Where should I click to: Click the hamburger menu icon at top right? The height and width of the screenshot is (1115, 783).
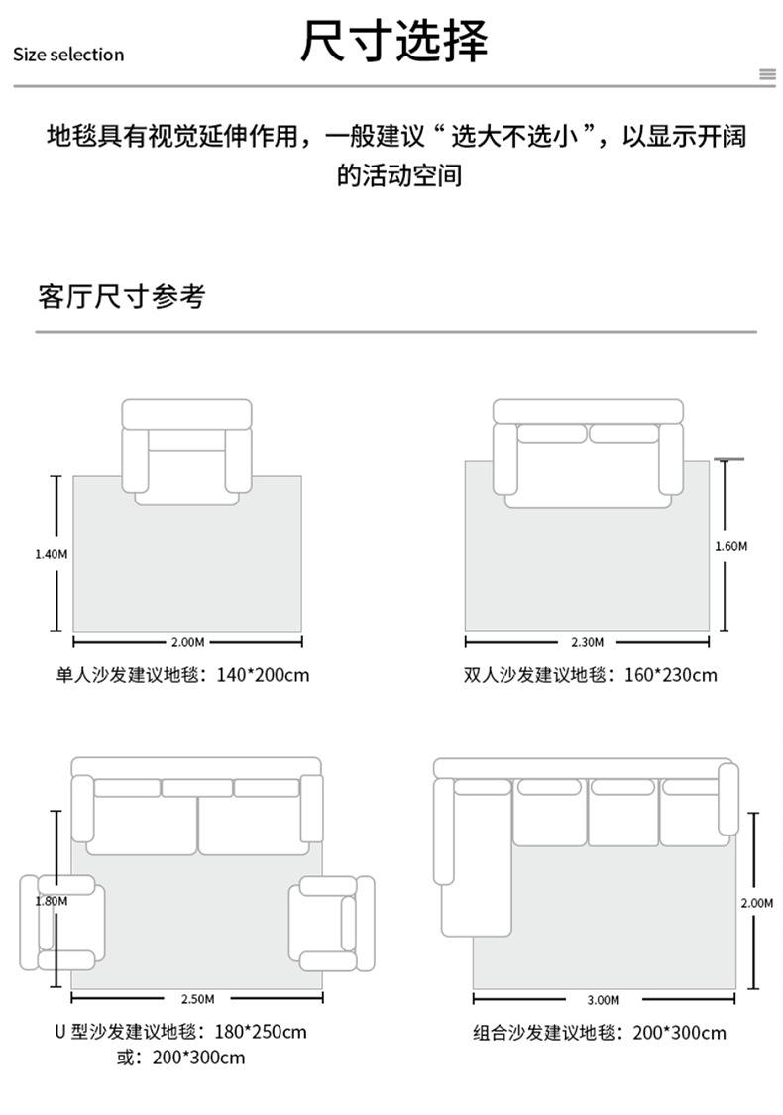pyautogui.click(x=767, y=74)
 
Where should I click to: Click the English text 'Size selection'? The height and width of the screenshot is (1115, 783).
pyautogui.click(x=68, y=55)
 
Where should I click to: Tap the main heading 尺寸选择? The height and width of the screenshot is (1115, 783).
pyautogui.click(x=393, y=40)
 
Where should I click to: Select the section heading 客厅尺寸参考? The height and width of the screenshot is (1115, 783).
pyautogui.click(x=122, y=296)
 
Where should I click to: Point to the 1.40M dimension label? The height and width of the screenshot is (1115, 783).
pyautogui.click(x=52, y=554)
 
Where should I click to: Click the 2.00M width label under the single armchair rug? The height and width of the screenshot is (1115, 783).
pyautogui.click(x=187, y=642)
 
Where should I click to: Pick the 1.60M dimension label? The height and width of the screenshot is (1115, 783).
pyautogui.click(x=731, y=546)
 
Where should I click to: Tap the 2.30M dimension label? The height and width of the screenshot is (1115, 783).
pyautogui.click(x=588, y=642)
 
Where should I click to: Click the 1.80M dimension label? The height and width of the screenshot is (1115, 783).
pyautogui.click(x=52, y=901)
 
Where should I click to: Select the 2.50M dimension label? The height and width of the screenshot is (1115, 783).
pyautogui.click(x=197, y=999)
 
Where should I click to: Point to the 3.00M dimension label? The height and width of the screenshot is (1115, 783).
pyautogui.click(x=603, y=1000)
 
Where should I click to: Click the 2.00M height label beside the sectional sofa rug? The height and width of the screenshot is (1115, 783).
pyautogui.click(x=756, y=903)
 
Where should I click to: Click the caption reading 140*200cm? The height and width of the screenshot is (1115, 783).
pyautogui.click(x=263, y=675)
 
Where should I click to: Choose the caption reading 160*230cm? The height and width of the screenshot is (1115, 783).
pyautogui.click(x=671, y=675)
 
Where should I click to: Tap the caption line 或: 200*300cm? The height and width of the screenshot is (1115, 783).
pyautogui.click(x=180, y=1058)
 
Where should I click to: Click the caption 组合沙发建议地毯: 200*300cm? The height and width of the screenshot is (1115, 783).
pyautogui.click(x=600, y=1033)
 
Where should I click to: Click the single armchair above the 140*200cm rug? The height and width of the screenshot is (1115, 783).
pyautogui.click(x=187, y=452)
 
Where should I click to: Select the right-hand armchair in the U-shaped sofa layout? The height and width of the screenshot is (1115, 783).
pyautogui.click(x=331, y=923)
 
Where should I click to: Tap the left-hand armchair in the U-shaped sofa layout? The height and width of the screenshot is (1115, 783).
pyautogui.click(x=62, y=923)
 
